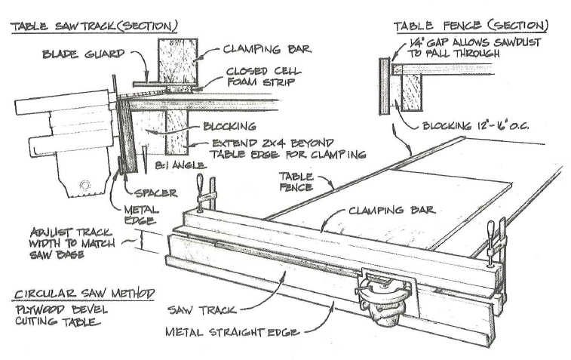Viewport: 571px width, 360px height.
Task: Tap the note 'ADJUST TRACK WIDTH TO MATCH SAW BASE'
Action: pos(65,243)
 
